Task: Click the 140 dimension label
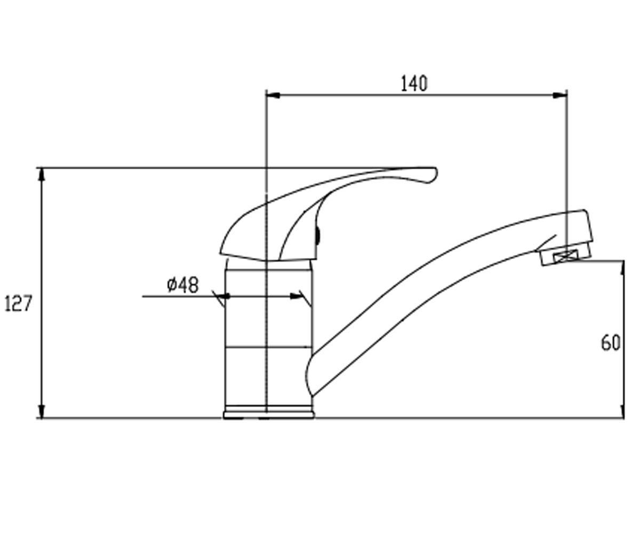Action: point(414,84)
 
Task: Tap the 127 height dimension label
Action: point(18,304)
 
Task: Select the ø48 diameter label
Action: point(183,285)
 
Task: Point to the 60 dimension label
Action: point(611,343)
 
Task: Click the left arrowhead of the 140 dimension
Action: point(273,96)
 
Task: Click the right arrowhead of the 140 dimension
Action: point(559,96)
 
